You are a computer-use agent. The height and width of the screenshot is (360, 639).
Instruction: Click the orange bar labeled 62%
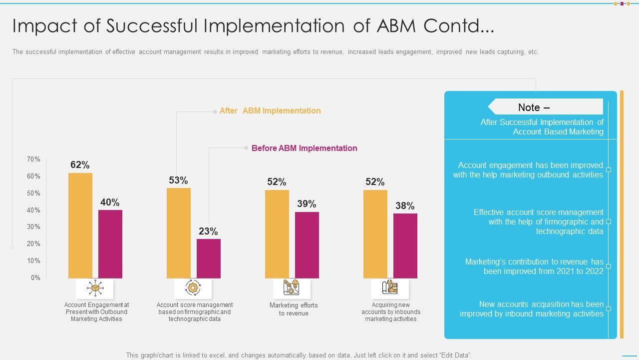(x=80, y=225)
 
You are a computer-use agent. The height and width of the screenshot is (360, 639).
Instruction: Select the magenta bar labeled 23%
(x=208, y=258)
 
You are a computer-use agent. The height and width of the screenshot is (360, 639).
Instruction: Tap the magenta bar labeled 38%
(x=405, y=245)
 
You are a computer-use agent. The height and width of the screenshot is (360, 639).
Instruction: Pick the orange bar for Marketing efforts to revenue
(x=277, y=233)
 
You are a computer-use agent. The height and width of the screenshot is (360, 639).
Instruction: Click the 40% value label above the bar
(x=110, y=202)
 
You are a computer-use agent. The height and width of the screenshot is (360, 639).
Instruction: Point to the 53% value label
(x=178, y=180)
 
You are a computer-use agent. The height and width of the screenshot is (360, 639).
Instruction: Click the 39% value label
(x=307, y=204)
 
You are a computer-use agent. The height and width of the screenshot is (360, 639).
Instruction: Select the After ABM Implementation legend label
(x=270, y=111)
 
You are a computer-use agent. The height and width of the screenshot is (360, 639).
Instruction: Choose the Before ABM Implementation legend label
(x=304, y=148)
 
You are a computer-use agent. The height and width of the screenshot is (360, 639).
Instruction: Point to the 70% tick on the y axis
(x=34, y=159)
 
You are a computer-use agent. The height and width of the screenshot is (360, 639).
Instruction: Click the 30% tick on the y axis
(x=34, y=227)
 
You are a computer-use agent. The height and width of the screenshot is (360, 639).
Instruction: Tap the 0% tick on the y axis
(x=35, y=278)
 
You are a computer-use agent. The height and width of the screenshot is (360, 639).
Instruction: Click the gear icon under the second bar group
(x=193, y=288)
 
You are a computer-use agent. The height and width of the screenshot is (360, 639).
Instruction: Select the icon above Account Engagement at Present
(x=95, y=288)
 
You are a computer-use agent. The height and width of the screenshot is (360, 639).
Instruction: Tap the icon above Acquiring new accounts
(x=390, y=288)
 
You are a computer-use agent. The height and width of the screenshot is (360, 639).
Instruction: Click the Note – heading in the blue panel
(x=534, y=107)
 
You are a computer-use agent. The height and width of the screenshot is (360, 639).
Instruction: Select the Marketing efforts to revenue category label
(x=294, y=309)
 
